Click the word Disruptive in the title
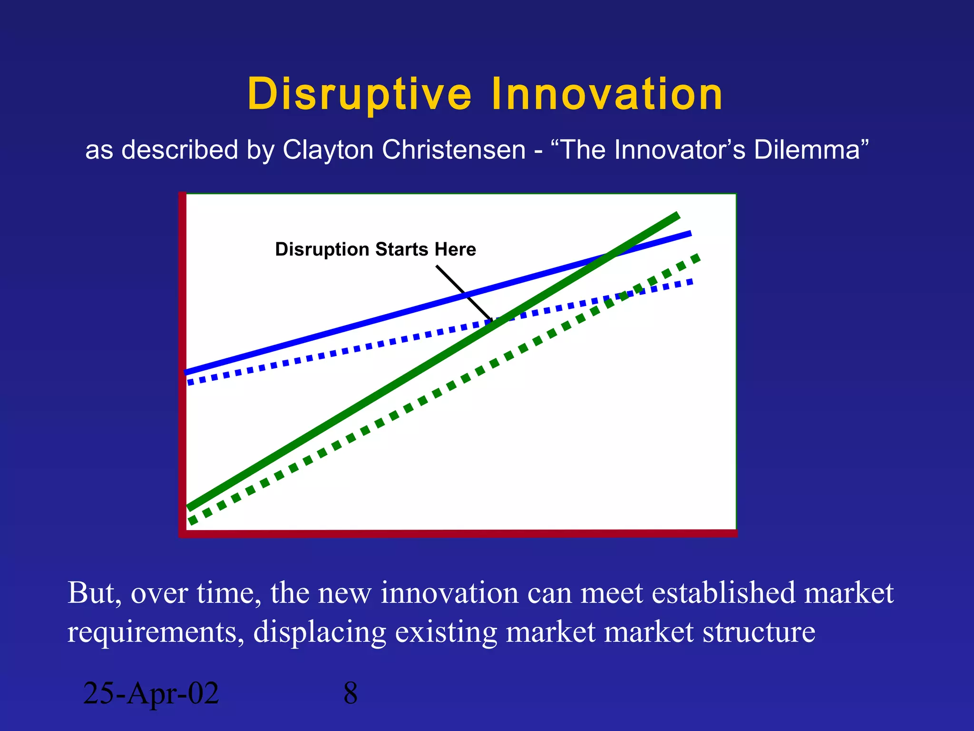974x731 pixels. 360,94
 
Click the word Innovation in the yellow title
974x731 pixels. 607,94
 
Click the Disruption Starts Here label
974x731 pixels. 375,249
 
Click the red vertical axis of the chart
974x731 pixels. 182,362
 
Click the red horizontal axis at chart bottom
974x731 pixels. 457,533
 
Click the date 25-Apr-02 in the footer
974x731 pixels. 151,693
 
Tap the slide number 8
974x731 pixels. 351,693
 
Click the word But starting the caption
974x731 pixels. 93,593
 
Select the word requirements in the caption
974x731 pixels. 153,633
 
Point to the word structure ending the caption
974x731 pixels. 759,632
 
